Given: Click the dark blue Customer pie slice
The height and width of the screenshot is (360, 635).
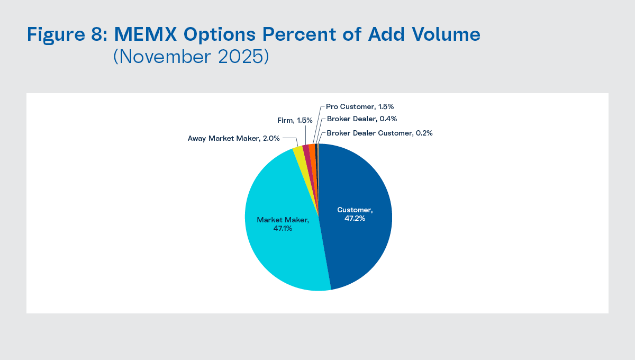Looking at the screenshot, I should coord(360,244).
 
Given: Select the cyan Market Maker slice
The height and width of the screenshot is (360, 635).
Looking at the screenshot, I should coord(280,254).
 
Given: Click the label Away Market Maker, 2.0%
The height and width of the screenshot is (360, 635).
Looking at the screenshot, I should coord(234,138).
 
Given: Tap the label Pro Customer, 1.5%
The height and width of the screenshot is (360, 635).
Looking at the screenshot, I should coord(360,106).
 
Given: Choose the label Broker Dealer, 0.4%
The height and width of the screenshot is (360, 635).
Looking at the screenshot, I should coord(361,119).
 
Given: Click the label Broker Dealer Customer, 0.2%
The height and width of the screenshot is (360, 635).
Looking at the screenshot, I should coord(379,133).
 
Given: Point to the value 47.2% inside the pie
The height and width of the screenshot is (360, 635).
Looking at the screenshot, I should coord(355,218).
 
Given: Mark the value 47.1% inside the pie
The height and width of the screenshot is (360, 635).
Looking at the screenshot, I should coord(283,228).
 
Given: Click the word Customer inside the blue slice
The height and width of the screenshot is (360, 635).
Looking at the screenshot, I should coord(355,210).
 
